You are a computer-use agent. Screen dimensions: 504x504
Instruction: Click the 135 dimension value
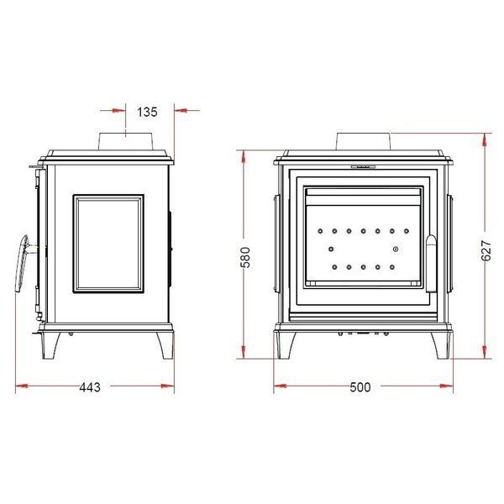point(147,112)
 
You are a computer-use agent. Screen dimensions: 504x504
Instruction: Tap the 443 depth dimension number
point(90,387)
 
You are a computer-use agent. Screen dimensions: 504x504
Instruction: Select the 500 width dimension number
point(360,387)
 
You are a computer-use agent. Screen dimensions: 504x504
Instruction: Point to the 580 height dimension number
point(245,257)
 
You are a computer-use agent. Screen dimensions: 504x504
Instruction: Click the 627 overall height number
point(486,250)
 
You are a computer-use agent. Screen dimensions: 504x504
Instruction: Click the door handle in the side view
point(22,264)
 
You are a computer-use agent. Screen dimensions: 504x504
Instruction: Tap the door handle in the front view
point(432,264)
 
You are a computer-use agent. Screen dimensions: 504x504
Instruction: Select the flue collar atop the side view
point(125,142)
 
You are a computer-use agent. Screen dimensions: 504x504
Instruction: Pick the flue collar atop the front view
point(364,142)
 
